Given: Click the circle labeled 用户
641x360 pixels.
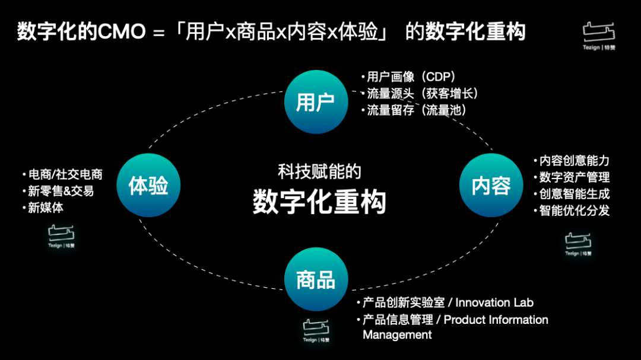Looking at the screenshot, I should pos(315,102).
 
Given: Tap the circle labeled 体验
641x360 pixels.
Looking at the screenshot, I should pos(148,186).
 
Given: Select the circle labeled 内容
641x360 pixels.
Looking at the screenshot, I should pos(491,186).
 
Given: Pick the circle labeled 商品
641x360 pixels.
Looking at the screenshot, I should pos(315,279).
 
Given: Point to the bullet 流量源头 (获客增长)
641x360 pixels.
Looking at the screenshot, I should pos(422,93).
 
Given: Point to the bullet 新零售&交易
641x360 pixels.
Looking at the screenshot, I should pos(61,191).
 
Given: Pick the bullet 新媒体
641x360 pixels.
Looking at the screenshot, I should pos(46,208).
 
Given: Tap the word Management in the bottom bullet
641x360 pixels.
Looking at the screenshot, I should pos(397,335).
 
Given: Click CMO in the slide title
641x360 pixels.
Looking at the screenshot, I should pos(122,32).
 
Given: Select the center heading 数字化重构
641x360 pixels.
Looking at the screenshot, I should pos(319,202).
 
